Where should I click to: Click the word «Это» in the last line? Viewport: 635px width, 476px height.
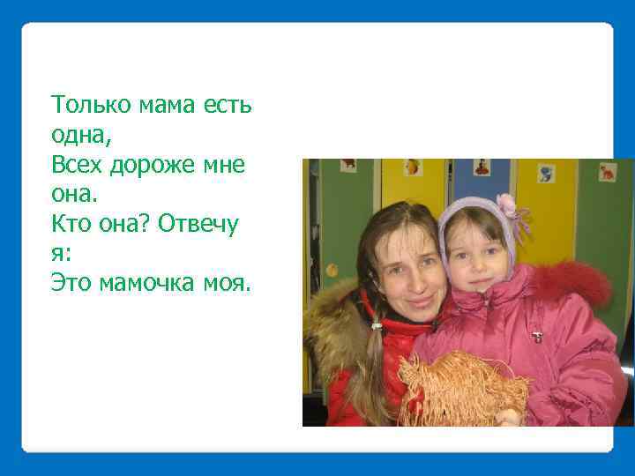[71, 282]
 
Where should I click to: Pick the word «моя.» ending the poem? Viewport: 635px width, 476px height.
[230, 282]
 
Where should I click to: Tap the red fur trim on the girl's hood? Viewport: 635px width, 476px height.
[573, 282]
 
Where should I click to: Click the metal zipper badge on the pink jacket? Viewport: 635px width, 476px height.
[536, 336]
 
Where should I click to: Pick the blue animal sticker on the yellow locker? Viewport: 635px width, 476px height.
[546, 173]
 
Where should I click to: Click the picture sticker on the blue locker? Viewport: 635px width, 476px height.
[481, 167]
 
